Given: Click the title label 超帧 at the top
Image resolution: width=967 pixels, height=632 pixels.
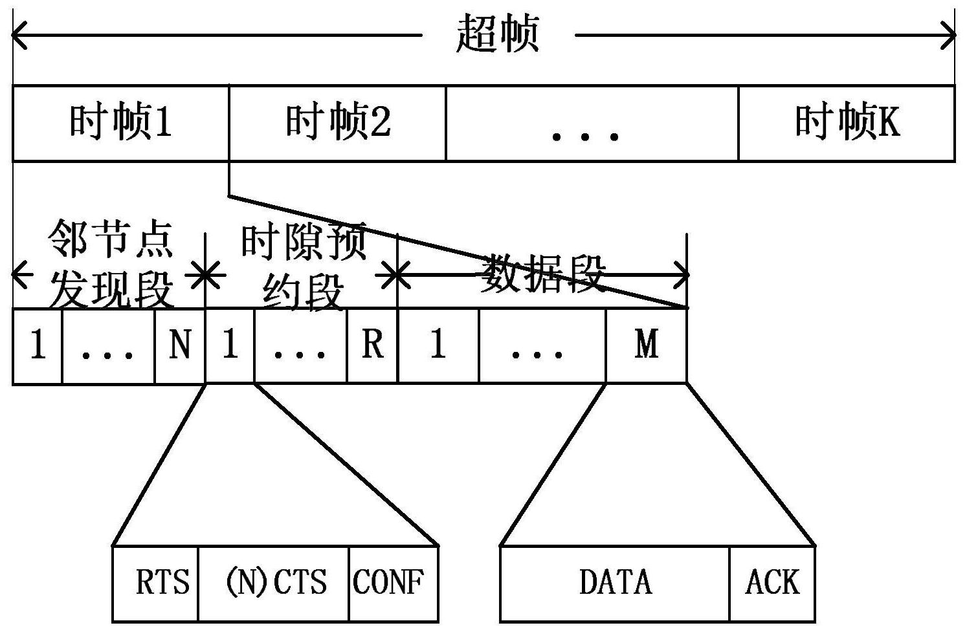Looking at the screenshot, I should [x=497, y=34].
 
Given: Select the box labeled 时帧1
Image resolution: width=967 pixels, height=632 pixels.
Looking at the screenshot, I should [x=121, y=122].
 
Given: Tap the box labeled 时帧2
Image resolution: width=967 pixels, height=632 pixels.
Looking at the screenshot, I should [x=337, y=122].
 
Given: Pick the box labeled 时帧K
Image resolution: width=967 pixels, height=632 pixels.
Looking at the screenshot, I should [x=847, y=122].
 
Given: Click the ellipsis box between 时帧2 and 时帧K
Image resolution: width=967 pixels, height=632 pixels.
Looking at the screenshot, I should [x=592, y=122].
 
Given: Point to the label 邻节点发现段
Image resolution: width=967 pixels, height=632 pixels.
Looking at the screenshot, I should [x=110, y=263].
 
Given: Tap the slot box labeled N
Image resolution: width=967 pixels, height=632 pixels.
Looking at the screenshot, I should [x=180, y=346].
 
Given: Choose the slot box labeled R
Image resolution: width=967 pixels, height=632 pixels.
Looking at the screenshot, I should [x=372, y=346].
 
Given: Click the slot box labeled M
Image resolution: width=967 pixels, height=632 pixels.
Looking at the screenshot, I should [x=646, y=346].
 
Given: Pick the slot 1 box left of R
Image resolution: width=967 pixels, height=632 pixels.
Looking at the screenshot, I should [x=230, y=346].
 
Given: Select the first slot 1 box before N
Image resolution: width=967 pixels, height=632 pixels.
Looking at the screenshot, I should [x=38, y=346].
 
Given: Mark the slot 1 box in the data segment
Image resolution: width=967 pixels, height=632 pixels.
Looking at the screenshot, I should [x=438, y=346].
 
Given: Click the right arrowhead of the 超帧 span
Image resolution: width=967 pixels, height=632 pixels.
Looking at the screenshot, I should [x=950, y=35].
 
